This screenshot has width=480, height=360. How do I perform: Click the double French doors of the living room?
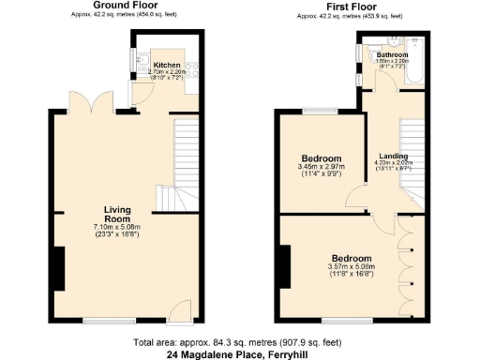(x=79, y=104)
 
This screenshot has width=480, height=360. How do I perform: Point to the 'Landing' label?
(x=392, y=157)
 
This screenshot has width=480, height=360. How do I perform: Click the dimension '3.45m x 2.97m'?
(x=321, y=169)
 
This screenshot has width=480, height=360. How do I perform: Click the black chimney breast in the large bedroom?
(x=282, y=267)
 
